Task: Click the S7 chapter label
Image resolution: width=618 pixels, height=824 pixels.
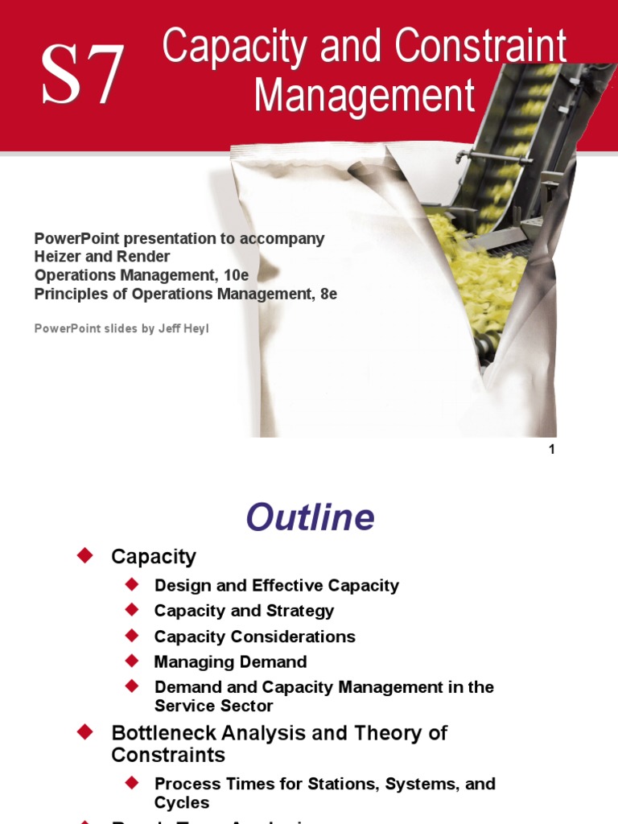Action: pos(84,76)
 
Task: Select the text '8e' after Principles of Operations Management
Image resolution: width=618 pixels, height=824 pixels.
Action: pos(328,294)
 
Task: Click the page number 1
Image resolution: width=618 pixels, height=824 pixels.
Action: pos(552,450)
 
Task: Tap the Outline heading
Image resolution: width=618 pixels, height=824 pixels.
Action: pos(310,517)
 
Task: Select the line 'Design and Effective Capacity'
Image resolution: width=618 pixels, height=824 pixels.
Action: pos(276,585)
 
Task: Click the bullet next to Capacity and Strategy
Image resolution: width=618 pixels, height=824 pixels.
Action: pos(133,610)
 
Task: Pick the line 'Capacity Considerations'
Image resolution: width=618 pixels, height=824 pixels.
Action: pos(254,636)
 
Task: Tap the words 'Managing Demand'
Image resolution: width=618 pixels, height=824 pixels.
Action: pos(230,661)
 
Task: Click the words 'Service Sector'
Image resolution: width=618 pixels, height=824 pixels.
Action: pos(213,706)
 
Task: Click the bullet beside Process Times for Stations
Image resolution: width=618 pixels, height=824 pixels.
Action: pos(133,782)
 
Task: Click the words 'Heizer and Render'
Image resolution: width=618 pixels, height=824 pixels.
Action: pos(102,257)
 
